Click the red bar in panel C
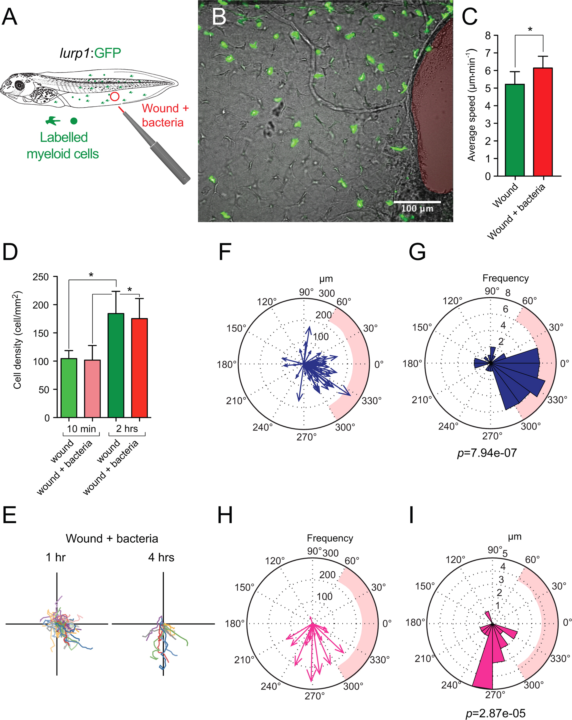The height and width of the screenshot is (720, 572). point(543,122)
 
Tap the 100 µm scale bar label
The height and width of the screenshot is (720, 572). point(417,209)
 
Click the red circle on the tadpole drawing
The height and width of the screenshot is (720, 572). point(115,96)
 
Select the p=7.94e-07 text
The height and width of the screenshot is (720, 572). point(487,453)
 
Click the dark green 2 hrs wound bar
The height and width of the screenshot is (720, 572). point(116,365)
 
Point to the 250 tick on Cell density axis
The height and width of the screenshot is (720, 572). point(41,277)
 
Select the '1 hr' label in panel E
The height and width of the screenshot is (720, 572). point(55,557)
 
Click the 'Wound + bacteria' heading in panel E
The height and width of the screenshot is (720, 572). point(112,539)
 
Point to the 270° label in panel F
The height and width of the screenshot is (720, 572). point(306,437)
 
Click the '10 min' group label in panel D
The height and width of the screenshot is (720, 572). point(82,429)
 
